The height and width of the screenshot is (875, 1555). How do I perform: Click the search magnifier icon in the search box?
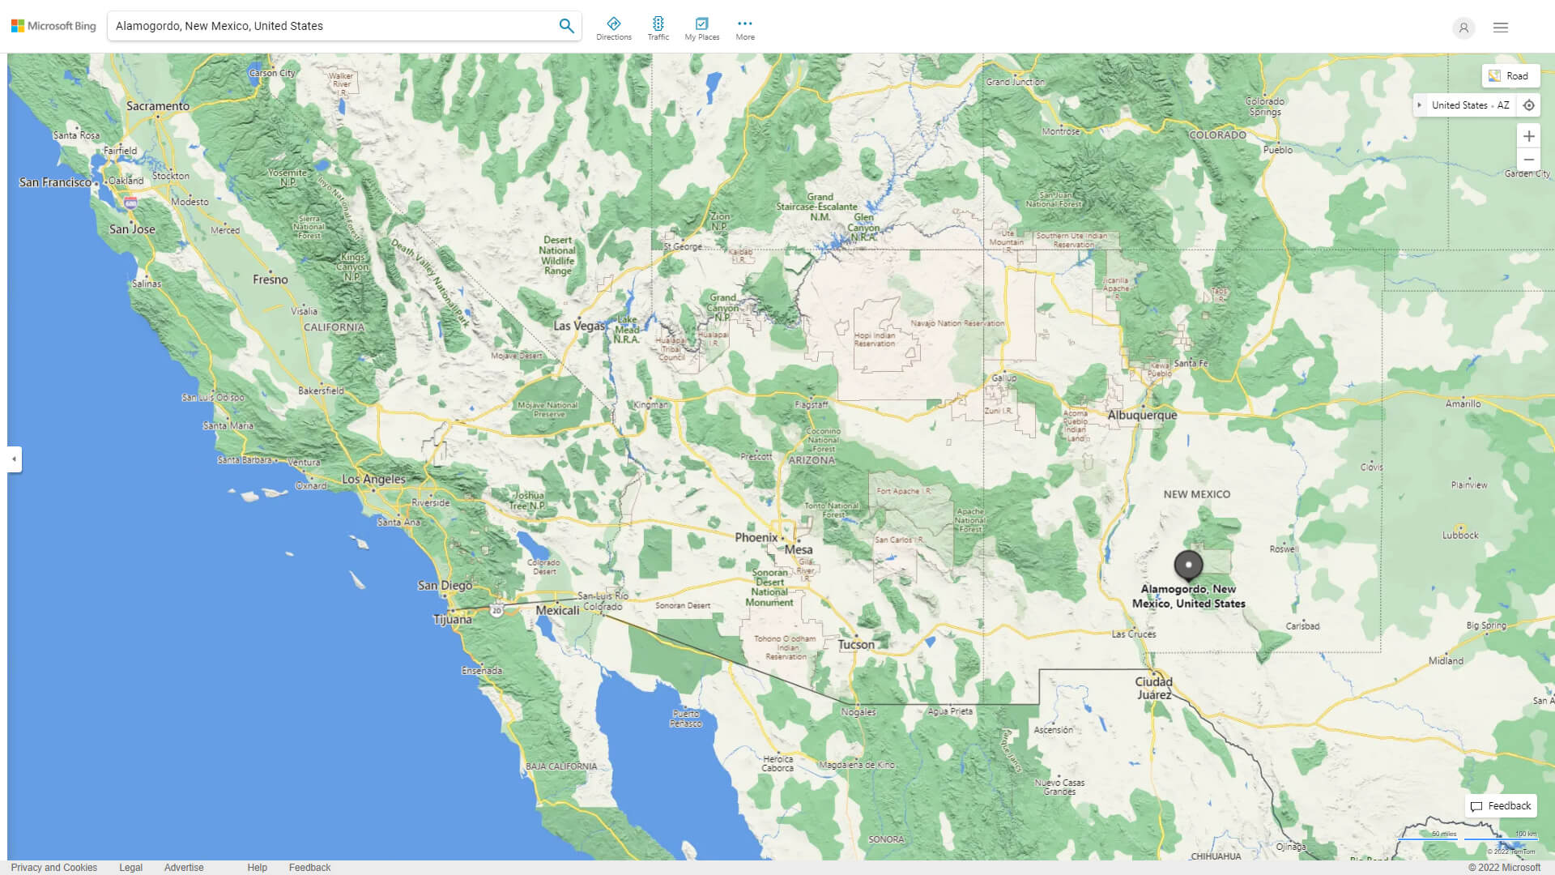point(566,26)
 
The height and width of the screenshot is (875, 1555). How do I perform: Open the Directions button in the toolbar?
point(614,28)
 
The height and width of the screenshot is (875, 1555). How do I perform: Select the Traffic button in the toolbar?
point(658,28)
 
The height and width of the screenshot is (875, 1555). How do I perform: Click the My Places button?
point(701,28)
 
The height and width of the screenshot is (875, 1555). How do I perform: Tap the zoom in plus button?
point(1528,136)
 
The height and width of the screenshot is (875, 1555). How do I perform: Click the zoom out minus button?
point(1528,160)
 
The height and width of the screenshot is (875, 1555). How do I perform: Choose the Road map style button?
point(1510,76)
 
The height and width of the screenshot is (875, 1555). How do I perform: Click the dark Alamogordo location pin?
point(1188,565)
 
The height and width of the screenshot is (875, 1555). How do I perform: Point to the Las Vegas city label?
point(579,326)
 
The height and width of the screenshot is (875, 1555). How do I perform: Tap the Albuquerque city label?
point(1142,415)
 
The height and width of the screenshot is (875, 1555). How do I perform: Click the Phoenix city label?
point(756,537)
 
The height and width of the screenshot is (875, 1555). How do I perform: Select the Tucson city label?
point(856,645)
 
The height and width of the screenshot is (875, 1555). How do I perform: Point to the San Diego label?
point(445,585)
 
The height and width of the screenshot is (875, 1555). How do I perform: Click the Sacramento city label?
point(158,106)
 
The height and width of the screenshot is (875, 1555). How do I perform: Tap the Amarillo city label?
point(1463,403)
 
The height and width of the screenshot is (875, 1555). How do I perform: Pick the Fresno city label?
point(270,280)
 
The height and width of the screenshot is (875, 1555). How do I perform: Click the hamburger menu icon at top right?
point(1501,28)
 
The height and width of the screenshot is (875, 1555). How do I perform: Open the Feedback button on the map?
point(1501,806)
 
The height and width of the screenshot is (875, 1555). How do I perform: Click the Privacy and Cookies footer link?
point(54,868)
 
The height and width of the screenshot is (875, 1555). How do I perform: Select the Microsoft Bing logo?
point(53,26)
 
